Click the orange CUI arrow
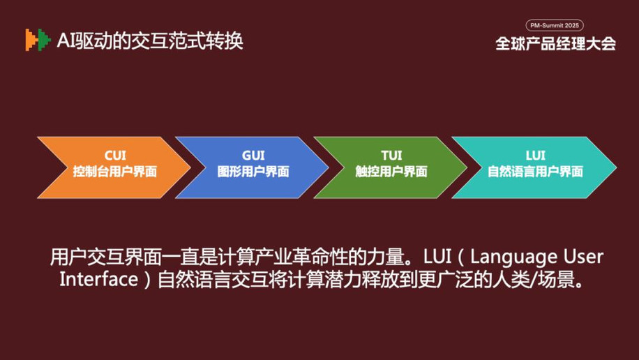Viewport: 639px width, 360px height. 115,167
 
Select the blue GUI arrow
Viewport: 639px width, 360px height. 253,167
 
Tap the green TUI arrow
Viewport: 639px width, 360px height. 391,167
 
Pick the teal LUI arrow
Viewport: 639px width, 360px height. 534,167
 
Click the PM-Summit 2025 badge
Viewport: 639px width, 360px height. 555,25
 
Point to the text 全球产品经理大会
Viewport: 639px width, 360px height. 555,44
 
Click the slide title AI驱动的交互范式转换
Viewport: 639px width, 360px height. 150,40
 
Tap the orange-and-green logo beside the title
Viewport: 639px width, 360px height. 38,40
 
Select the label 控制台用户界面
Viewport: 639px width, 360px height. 115,172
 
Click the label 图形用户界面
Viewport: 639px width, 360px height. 253,172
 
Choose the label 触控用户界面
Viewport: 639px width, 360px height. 391,172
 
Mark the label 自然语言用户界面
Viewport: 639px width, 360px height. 536,172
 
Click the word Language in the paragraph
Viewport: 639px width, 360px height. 513,257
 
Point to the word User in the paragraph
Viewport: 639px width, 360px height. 584,257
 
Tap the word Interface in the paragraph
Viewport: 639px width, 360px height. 98,279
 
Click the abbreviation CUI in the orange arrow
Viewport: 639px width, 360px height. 115,156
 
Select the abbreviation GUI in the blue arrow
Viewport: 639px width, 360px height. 253,156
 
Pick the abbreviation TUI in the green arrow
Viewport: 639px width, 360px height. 391,156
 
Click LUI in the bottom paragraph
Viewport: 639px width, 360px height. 437,257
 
